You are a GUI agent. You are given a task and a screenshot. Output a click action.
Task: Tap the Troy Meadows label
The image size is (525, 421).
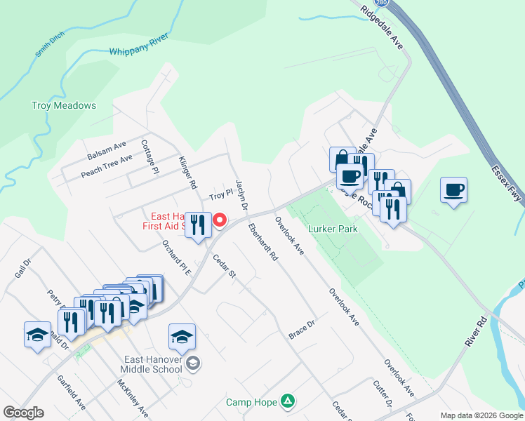click(x=64, y=106)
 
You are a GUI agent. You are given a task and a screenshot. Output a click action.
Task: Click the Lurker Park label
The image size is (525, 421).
click(x=333, y=229)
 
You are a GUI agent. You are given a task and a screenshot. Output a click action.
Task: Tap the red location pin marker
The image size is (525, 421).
click(x=220, y=220)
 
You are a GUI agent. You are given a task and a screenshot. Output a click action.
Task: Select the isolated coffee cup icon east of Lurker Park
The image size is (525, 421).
click(x=454, y=189)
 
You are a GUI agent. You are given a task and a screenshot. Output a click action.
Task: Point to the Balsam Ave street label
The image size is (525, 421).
click(x=107, y=149)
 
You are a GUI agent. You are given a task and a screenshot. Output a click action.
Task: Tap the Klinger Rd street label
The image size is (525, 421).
click(x=187, y=173)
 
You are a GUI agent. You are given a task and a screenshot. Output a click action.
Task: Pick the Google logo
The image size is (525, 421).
click(x=23, y=413)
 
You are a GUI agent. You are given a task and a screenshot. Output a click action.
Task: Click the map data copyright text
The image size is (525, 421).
click(x=481, y=415)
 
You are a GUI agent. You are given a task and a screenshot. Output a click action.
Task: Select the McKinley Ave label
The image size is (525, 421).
click(x=133, y=397)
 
